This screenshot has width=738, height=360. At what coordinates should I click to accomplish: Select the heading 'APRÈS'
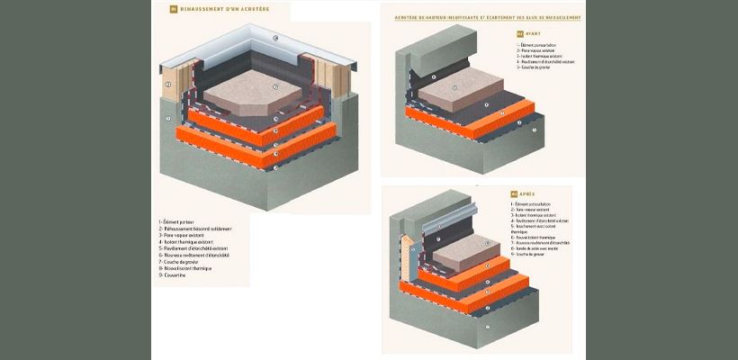coord(528,193)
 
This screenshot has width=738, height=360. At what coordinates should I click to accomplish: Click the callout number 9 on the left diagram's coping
coord(274,39)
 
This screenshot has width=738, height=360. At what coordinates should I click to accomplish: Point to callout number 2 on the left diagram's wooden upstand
coord(167,86)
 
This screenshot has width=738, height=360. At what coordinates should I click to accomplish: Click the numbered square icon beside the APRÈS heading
coord(513,193)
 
